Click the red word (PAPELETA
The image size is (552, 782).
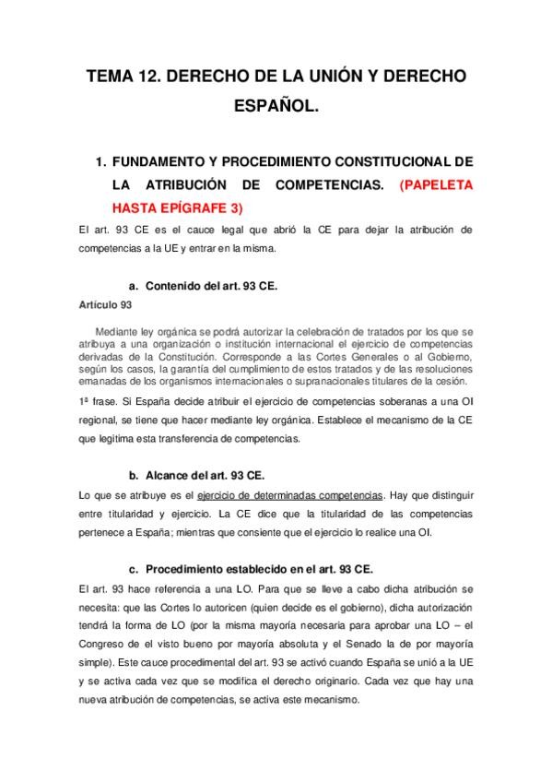click(436, 184)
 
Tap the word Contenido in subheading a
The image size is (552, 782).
click(176, 286)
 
